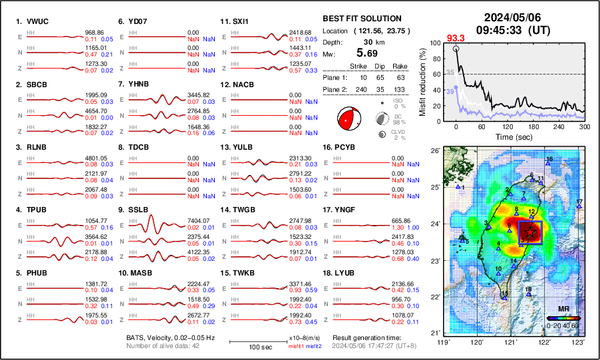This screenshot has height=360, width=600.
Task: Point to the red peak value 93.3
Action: point(456,39)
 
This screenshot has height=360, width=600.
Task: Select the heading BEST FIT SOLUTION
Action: point(361,19)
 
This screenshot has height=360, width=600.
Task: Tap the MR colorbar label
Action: point(562,309)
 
